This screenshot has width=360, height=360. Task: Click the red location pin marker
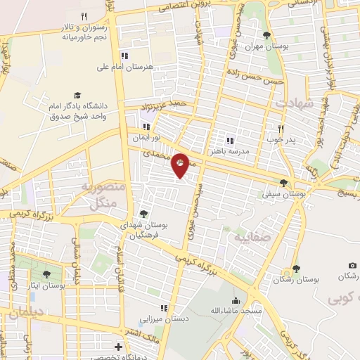(181, 164)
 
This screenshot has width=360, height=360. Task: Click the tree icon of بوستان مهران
(266, 34)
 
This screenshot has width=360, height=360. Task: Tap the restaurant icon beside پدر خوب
(281, 129)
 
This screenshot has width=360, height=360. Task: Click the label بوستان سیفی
(278, 192)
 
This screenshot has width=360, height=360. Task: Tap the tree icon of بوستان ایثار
(46, 275)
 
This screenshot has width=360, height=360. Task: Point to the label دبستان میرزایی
(164, 319)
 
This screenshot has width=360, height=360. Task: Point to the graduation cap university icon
(77, 95)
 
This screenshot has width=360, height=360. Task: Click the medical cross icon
(118, 347)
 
